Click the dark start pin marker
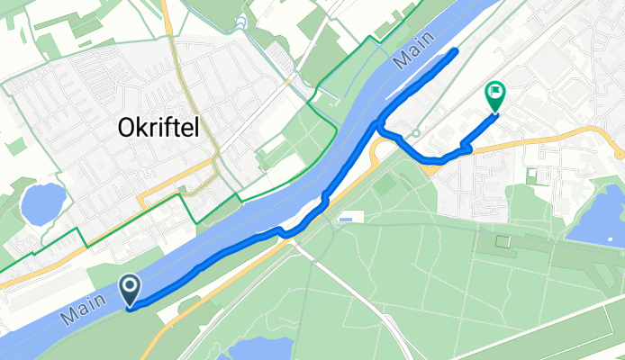point(131,290)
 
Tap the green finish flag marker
point(495,96)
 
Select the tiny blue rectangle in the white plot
point(347,219)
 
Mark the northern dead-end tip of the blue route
point(455,51)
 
